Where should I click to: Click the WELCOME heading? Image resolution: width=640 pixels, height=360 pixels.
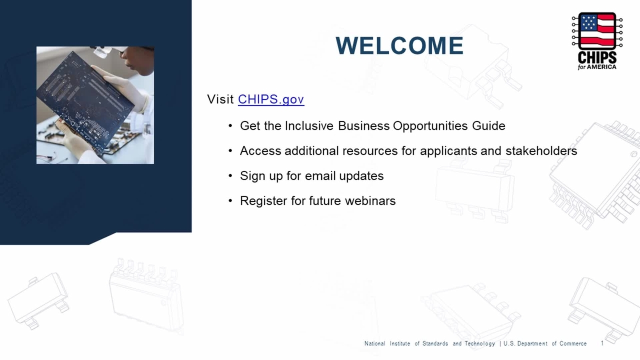coord(399,45)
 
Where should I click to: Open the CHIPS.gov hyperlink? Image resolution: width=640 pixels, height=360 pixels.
coord(271,99)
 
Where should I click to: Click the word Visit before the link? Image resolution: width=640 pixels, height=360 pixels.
coord(220,99)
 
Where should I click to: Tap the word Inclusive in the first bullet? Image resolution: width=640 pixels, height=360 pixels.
coord(309,125)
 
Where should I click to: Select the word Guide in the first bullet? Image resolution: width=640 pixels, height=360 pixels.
coord(488,125)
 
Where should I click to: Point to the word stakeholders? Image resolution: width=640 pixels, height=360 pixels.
coord(541,150)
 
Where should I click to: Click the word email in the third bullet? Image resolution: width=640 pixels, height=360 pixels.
coord(320,175)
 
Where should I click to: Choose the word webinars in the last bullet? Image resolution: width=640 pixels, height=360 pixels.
coord(370,200)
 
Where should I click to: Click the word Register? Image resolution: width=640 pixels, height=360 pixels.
coord(263,201)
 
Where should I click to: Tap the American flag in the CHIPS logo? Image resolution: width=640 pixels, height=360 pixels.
coord(597,31)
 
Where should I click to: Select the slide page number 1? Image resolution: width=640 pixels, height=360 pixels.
coord(602,343)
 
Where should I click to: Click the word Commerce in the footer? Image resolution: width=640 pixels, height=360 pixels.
coord(573,343)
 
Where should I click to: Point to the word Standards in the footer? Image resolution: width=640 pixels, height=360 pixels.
coord(435,343)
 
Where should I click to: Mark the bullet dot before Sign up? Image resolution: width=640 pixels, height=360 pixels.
coord(230,176)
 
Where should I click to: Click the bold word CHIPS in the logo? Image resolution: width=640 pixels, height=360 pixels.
coord(597,58)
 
